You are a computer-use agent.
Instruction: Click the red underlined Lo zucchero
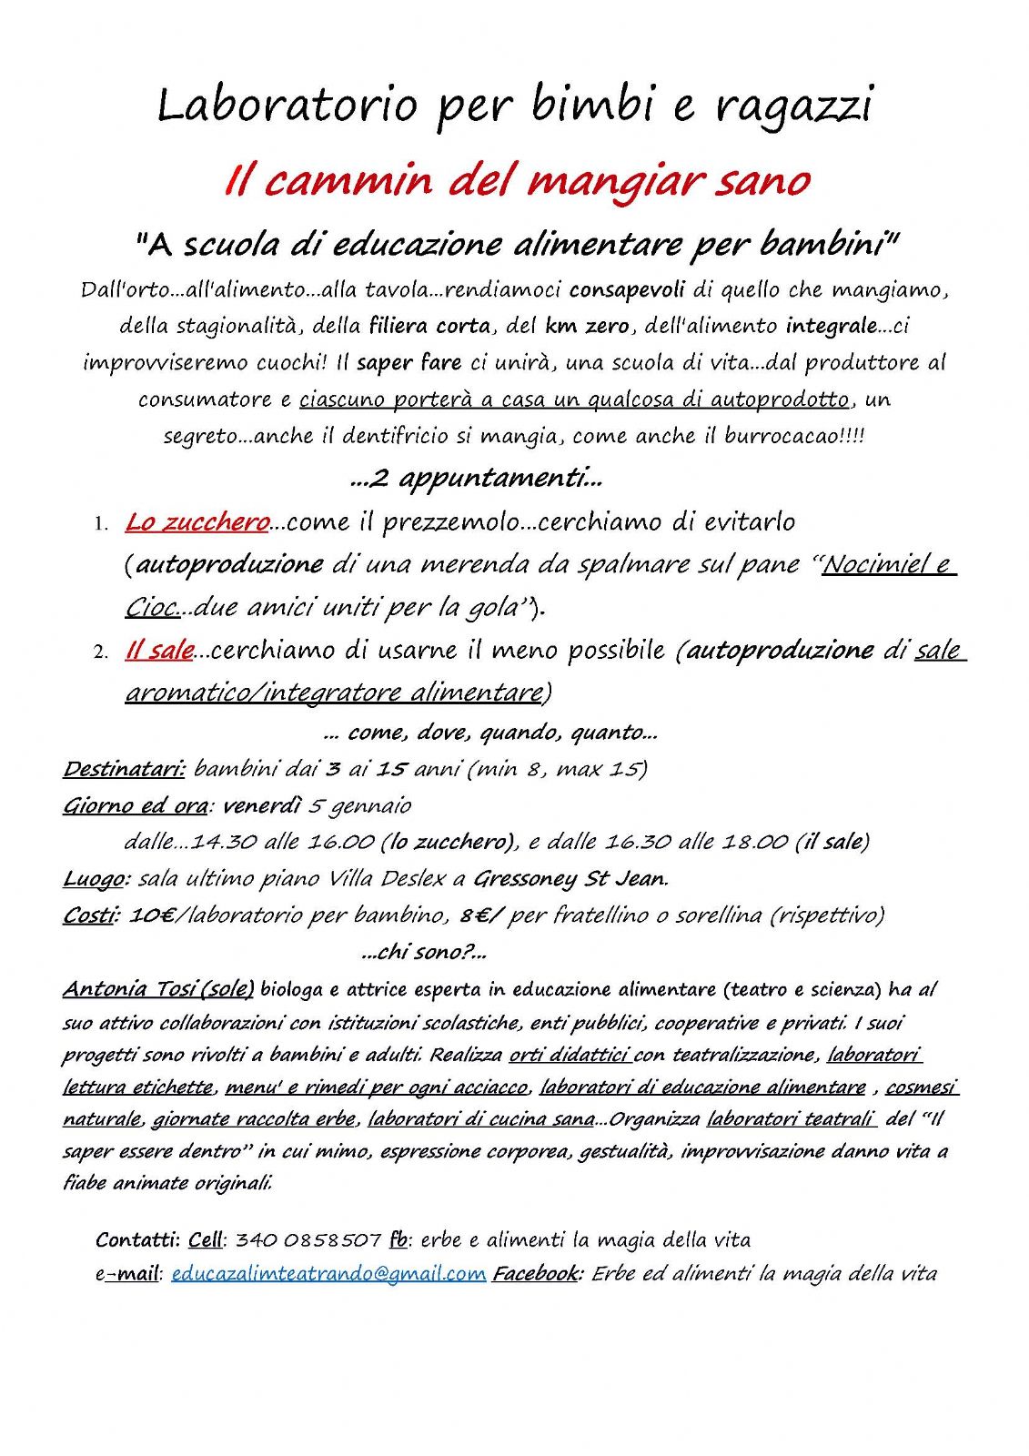(x=197, y=522)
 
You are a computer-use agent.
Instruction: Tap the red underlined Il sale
(x=159, y=651)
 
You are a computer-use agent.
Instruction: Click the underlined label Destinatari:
(x=124, y=769)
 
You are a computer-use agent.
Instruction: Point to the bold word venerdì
(x=261, y=806)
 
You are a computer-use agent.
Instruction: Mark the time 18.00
(x=754, y=843)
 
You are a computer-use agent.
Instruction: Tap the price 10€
(x=152, y=915)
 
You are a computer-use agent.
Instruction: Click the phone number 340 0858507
(x=308, y=1240)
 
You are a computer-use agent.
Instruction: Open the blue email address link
(x=328, y=1274)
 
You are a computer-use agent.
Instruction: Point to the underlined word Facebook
(x=536, y=1274)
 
